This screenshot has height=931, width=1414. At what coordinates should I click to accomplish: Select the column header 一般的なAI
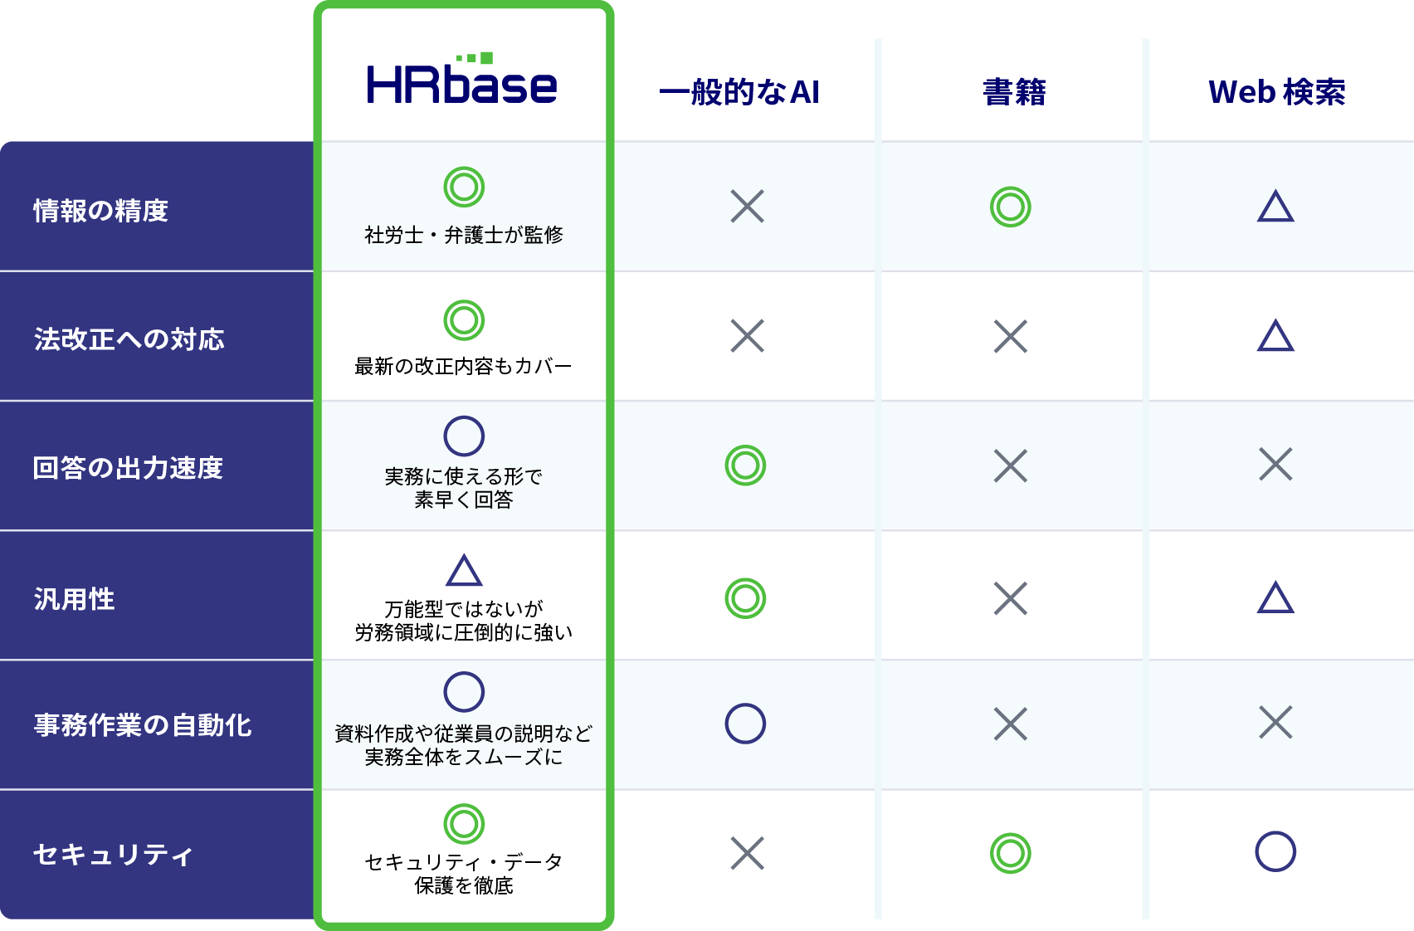pos(739,92)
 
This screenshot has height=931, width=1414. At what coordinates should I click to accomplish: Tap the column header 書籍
pos(1014,92)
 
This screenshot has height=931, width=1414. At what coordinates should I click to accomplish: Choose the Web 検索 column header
pos(1276,92)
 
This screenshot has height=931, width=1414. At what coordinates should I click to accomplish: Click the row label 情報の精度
pos(101,211)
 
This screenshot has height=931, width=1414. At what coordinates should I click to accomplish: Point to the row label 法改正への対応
pos(129,339)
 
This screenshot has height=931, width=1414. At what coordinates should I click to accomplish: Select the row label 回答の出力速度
pos(128,468)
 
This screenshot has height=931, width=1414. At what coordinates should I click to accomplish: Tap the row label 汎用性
pos(74,599)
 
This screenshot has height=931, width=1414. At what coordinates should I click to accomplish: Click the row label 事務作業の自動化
pos(143,725)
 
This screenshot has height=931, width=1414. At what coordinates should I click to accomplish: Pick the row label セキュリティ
pos(112,855)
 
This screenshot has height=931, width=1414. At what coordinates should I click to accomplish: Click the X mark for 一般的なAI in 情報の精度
pos(748,206)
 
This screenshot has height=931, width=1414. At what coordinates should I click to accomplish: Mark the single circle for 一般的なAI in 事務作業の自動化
pos(745,704)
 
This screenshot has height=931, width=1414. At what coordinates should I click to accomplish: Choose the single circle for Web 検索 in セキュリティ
pos(1275,832)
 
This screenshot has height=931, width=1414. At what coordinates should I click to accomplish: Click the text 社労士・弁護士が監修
pos(464,235)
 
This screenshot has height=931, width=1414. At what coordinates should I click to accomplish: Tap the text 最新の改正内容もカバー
pos(464,366)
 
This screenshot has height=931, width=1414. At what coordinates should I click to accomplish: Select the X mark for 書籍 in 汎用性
pos(1011,598)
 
